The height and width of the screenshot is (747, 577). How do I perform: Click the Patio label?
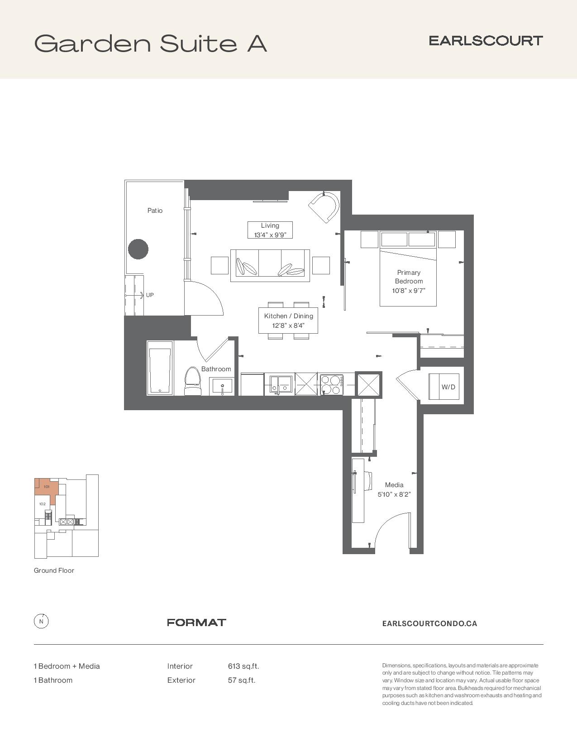155,211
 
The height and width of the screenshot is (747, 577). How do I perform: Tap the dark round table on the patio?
138,249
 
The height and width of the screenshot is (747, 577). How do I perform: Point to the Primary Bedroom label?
409,277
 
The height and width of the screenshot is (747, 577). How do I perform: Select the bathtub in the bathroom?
160,368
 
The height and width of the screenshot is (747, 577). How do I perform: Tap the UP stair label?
150,295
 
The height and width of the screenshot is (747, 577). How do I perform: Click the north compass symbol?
41,621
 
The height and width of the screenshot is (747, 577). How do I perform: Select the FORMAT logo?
196,622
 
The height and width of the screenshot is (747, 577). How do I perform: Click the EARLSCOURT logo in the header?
486,41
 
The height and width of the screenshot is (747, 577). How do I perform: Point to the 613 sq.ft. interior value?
243,666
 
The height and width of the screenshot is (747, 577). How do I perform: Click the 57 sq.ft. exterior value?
242,680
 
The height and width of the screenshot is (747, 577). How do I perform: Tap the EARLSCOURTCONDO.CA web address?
429,623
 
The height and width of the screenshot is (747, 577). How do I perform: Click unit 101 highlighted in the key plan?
47,486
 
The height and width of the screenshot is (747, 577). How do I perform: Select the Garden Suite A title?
151,43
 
